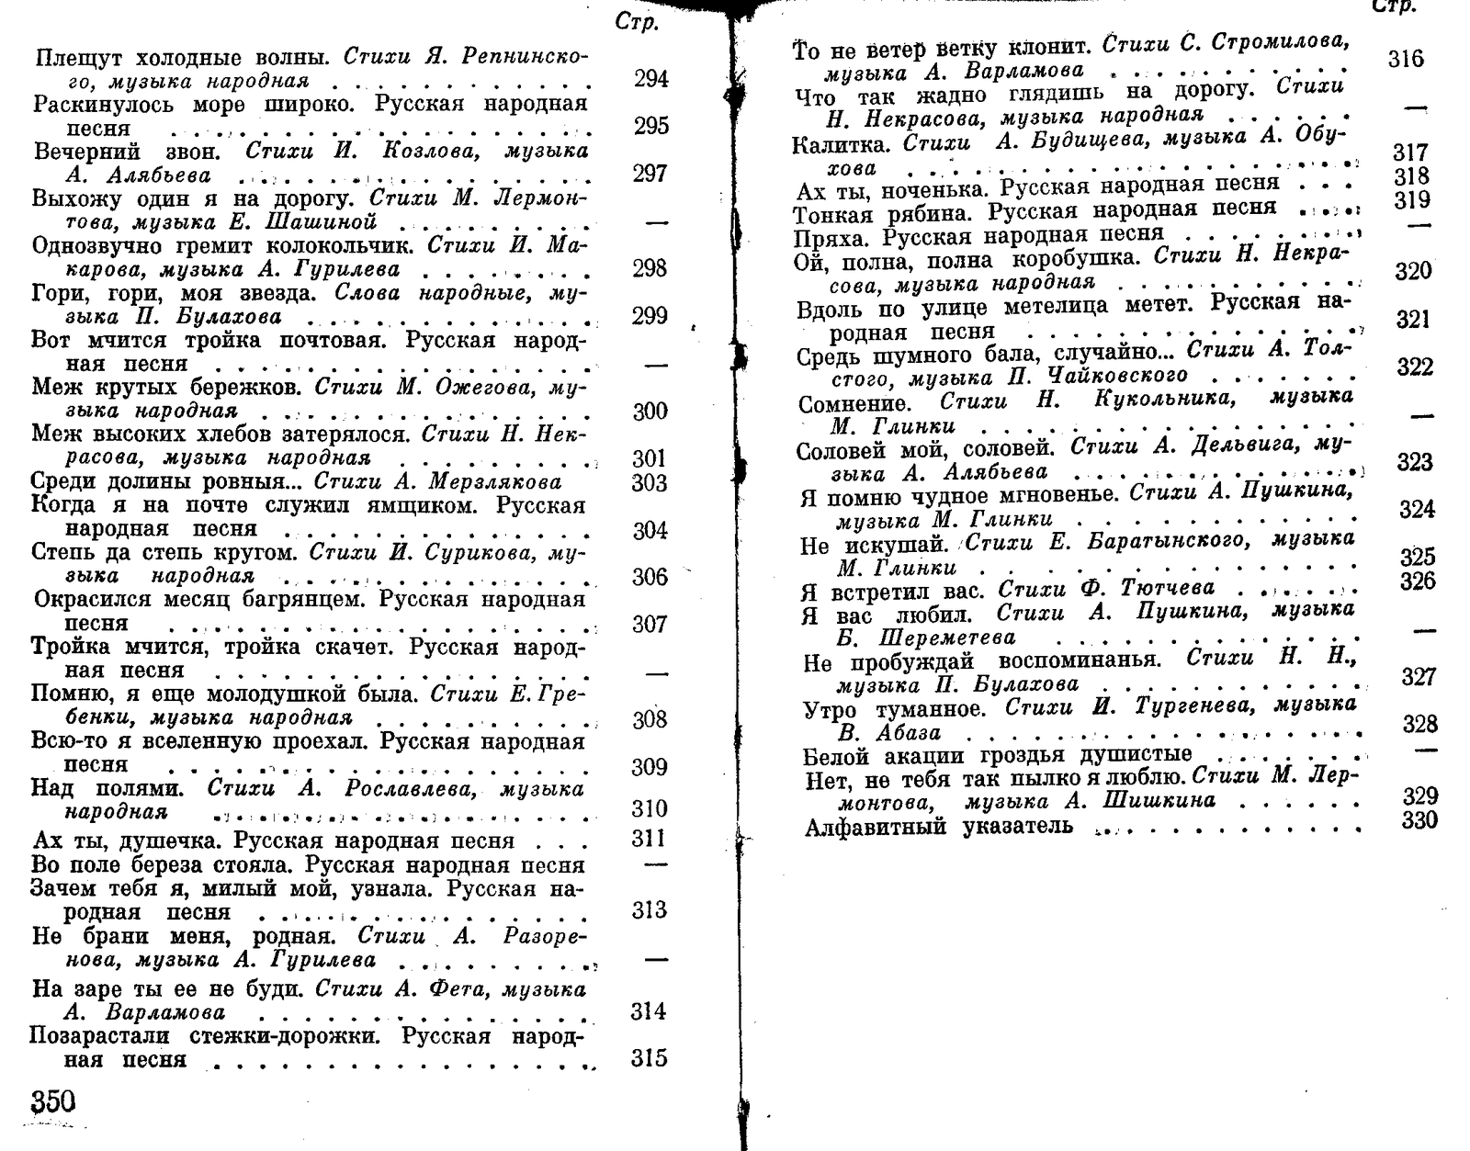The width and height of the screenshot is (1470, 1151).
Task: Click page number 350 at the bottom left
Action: click(53, 1100)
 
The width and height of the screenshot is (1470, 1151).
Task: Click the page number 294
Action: click(650, 79)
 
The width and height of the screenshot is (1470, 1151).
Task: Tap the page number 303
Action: click(650, 482)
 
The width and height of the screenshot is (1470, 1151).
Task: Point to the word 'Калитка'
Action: click(840, 144)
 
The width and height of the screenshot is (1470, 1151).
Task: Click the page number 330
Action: click(1419, 820)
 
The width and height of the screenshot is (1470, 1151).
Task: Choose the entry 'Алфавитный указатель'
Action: click(938, 827)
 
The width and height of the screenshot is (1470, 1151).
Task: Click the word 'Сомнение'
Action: click(854, 403)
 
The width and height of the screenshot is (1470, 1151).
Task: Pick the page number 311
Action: click(650, 838)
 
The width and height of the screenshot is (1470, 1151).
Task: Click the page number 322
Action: click(1415, 367)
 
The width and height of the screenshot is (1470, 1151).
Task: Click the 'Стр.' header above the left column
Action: click(637, 23)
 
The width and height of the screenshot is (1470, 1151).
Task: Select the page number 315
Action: click(649, 1058)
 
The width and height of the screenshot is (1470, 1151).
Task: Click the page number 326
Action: click(1418, 581)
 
